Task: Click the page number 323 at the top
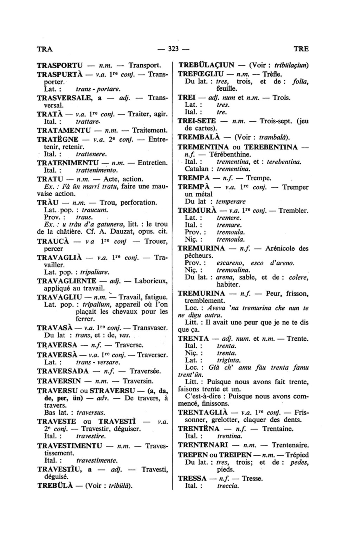174,49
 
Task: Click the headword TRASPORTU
60,65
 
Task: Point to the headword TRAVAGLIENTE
66,281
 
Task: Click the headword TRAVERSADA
63,371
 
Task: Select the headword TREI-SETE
197,121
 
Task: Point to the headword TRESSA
192,479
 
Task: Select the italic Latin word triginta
229,360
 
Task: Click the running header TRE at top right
301,49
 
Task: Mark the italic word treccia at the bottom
228,486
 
